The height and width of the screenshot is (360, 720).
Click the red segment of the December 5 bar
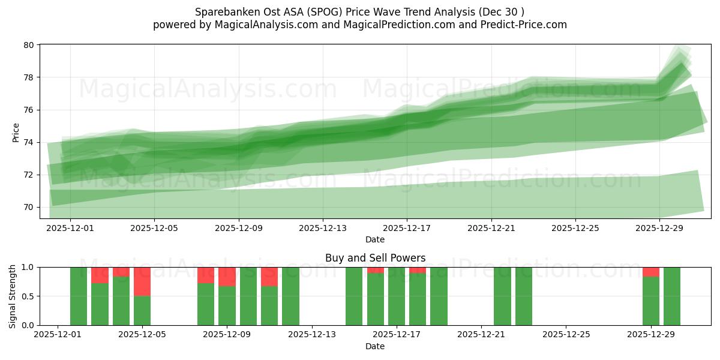coord(142,281)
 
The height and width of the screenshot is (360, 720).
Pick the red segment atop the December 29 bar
coord(651,272)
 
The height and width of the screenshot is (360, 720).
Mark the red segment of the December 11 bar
coord(269,277)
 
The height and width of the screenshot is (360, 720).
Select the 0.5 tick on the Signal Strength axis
coord(28,296)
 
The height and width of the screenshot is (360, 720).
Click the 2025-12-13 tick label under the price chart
coord(323,228)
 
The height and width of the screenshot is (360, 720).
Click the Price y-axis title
coord(16,132)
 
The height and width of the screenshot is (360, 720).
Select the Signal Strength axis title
coord(13,296)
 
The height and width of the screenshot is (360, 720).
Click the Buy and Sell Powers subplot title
coord(375,258)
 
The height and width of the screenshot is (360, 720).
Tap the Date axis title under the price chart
coord(375,239)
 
